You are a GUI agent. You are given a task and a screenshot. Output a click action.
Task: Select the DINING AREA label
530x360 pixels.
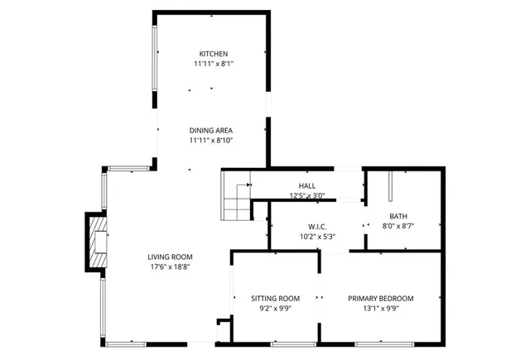pos(210,131)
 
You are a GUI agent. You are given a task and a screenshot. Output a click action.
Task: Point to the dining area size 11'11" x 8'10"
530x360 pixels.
pos(210,141)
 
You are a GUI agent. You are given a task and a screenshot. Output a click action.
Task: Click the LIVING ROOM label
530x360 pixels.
pos(170,257)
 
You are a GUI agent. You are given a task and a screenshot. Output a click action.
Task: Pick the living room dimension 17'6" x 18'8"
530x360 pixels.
pos(170,266)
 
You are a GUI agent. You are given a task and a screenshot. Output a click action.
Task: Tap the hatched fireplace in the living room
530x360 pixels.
pos(96,241)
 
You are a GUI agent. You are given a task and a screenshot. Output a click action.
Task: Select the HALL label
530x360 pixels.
pos(307,185)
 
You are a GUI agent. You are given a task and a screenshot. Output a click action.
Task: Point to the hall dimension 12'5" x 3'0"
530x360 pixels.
pos(307,196)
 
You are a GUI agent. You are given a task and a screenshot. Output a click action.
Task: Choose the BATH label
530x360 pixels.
pos(398,216)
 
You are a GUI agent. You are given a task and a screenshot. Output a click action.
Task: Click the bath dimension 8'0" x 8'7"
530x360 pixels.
pos(398,226)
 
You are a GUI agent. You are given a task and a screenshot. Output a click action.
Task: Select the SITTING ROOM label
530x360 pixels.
pos(276,298)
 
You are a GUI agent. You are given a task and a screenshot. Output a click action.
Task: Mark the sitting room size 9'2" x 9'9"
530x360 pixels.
pos(276,308)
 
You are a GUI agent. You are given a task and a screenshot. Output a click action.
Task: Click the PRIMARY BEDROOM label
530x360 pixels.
pos(380,298)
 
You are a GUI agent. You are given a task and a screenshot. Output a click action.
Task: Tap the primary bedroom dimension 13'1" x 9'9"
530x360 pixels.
pos(380,308)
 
